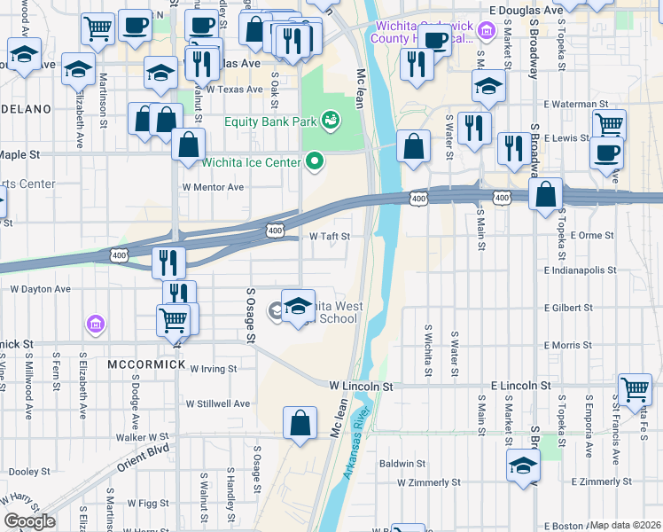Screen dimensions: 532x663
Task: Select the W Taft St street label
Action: pos(330,237)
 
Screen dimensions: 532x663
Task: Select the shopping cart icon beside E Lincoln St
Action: pos(635,388)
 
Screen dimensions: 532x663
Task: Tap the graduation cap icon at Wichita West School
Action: pos(299,305)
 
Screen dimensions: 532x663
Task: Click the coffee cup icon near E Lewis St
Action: pos(607,152)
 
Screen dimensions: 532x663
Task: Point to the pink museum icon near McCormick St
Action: pos(94,325)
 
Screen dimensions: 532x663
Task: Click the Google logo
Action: pos(28,521)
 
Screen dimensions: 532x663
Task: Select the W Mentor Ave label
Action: pos(213,187)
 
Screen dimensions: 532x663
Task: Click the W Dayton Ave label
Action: pos(40,289)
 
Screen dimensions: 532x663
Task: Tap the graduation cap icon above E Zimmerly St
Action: pos(523,465)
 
